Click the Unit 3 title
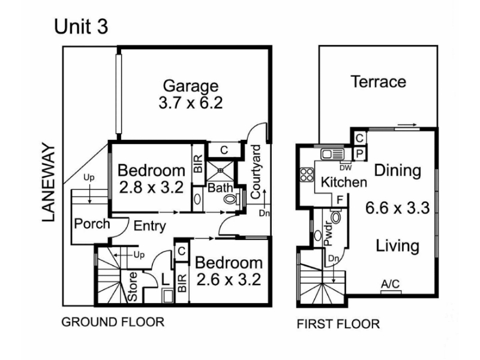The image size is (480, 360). point(81,26)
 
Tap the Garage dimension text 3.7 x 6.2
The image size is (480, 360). point(190,103)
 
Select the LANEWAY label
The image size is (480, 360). point(49,182)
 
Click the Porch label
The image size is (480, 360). point(92,224)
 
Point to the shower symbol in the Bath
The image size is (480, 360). point(220,170)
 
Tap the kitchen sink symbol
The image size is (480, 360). point(332,154)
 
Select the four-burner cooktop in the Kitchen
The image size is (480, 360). point(307,175)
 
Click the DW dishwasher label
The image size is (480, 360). point(346,168)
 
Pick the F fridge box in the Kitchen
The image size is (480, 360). point(340,200)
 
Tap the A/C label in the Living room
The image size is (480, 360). point(391,284)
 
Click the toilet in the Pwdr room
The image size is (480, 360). point(336,217)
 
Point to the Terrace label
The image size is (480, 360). point(379,82)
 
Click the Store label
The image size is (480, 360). point(133,287)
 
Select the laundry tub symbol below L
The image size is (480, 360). point(167,296)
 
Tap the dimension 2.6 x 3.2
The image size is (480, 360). point(229,280)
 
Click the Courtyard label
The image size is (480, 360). point(256,172)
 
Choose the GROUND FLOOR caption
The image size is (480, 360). point(113,322)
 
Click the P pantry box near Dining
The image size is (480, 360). point(359,154)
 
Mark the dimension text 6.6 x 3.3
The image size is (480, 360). point(398,208)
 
